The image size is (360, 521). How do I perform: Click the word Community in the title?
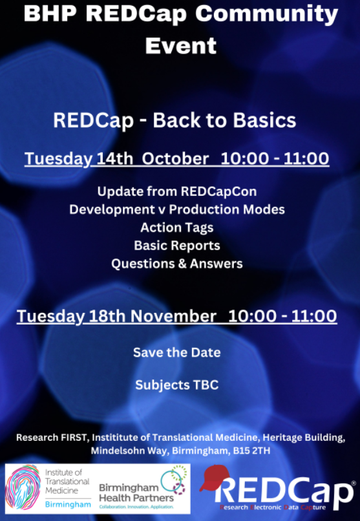click(267, 15)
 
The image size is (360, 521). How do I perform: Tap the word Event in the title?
click(181, 45)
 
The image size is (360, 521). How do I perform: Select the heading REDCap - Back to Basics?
click(175, 120)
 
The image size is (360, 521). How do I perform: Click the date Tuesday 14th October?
click(117, 158)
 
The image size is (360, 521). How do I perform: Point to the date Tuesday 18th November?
click(116, 316)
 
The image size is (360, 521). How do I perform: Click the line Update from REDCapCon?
click(177, 192)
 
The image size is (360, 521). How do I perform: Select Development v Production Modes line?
click(177, 209)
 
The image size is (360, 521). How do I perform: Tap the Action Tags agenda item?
click(177, 228)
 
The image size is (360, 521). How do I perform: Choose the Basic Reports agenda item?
click(177, 246)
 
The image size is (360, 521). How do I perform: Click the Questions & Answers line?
click(177, 264)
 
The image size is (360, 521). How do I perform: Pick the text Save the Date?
click(177, 352)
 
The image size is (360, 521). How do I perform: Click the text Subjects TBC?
click(177, 385)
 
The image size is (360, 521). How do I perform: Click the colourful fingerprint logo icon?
click(23, 487)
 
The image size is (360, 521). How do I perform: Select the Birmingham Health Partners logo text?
click(136, 493)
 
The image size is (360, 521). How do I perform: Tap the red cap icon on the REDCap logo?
click(213, 478)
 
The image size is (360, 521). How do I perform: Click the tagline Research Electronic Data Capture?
click(273, 507)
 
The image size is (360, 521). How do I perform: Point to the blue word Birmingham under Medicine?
click(68, 504)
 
